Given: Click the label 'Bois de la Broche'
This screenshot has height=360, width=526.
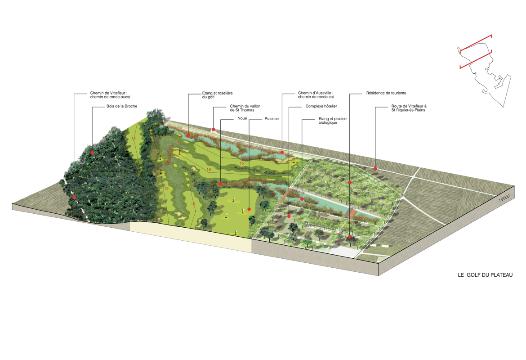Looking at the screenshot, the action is click(122, 106).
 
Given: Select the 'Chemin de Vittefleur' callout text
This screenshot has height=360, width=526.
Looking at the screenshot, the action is click(110, 95).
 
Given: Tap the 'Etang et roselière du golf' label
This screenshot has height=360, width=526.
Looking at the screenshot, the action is click(217, 95).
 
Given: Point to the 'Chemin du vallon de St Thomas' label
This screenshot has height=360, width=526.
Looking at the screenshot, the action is click(245, 108).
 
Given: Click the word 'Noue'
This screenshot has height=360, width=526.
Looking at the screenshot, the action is click(242, 118).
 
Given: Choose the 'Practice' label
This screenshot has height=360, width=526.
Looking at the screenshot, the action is click(272, 119).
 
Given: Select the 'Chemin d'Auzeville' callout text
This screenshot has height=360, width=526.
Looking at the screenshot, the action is click(316, 95).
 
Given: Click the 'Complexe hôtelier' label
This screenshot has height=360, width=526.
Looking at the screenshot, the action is click(321, 106).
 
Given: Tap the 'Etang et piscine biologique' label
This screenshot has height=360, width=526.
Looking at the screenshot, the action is click(332, 121).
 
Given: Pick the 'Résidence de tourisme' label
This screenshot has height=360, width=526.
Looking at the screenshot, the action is click(386, 93).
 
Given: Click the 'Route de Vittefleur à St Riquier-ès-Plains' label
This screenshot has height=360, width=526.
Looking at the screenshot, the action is click(409, 108).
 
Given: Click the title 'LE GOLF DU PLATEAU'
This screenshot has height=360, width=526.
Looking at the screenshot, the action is click(485, 275).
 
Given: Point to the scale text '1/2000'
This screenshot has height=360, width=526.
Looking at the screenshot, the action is click(504, 198).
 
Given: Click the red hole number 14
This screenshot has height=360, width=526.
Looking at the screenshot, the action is click(134, 139).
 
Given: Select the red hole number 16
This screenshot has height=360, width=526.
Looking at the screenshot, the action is click(209, 170).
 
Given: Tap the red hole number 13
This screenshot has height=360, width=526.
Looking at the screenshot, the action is click(166, 189).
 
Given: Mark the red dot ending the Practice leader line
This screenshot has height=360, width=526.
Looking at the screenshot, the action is click(249, 209).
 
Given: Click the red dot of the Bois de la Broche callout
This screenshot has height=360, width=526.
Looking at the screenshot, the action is click(92, 153).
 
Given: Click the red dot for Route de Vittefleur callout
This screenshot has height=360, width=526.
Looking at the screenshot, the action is click(375, 169).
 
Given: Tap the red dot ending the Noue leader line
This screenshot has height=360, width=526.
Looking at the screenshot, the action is click(220, 184).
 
